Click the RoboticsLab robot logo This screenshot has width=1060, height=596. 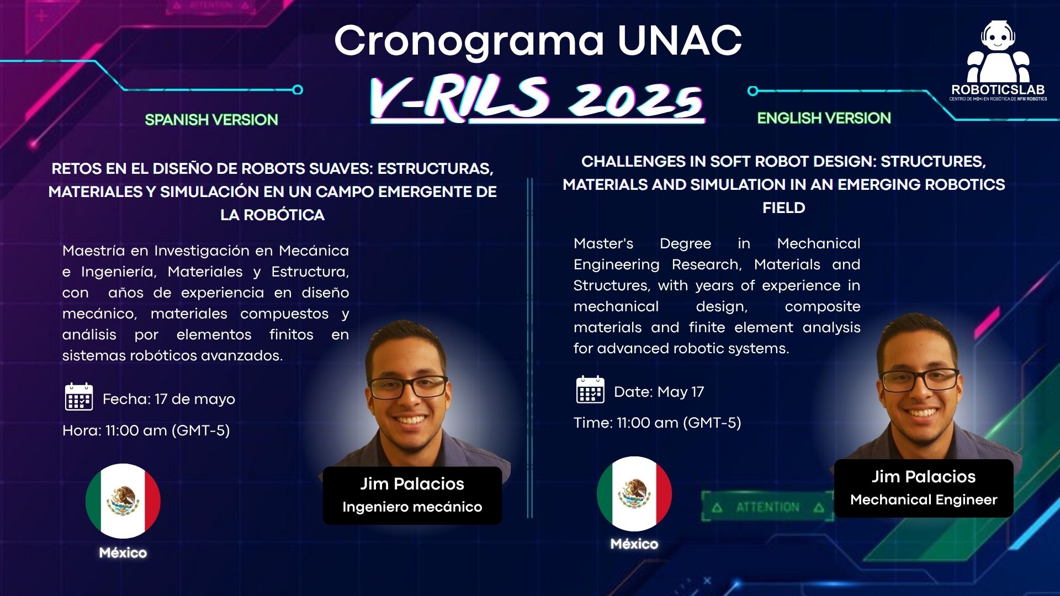tap(998, 55)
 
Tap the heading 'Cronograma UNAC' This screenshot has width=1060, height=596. tap(538, 40)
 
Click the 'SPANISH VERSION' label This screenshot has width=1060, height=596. tap(211, 120)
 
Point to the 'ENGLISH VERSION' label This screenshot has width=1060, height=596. tap(824, 118)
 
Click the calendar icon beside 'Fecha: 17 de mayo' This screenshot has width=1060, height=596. tap(79, 397)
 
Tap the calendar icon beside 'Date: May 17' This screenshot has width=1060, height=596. tap(590, 390)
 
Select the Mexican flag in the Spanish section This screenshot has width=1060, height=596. tap(123, 501)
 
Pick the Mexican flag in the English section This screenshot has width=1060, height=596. tap(634, 493)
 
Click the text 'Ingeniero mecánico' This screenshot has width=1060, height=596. tap(412, 507)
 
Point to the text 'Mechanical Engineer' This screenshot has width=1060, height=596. tap(923, 499)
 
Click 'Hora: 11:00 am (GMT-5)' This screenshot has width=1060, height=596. tap(146, 430)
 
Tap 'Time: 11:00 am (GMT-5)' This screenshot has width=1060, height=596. tap(657, 423)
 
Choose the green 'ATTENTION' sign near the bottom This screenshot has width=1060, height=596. tap(767, 507)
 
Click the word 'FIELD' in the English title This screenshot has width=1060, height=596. tap(783, 208)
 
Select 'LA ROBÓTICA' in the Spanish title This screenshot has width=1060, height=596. tap(272, 215)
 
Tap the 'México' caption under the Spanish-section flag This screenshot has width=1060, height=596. tap(123, 552)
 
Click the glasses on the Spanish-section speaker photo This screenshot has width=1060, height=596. tap(409, 386)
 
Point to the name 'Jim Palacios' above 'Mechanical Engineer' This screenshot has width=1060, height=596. tap(923, 476)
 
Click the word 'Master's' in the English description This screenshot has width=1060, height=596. tap(603, 243)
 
